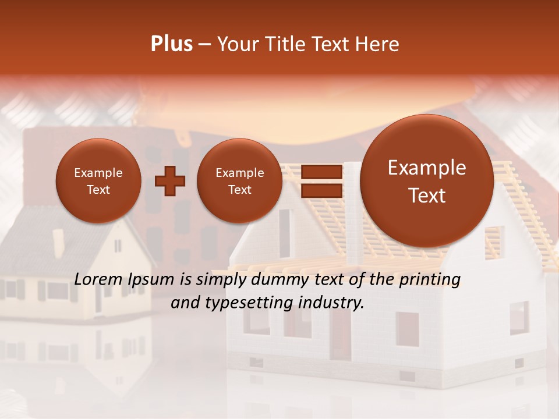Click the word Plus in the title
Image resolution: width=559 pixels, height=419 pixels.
click(171, 44)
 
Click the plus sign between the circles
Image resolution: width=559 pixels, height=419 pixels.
click(170, 181)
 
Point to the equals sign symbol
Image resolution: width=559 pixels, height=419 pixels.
click(321, 181)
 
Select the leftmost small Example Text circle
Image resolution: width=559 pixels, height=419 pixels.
click(98, 181)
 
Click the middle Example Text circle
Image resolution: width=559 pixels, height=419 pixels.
click(239, 181)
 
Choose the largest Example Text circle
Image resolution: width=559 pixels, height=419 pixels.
click(427, 181)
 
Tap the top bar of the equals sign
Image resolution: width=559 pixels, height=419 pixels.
click(321, 172)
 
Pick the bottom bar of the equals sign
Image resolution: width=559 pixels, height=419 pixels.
click(321, 190)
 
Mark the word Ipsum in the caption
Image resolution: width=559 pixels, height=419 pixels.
click(153, 280)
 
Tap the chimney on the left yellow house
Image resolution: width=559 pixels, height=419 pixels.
click(58, 242)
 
